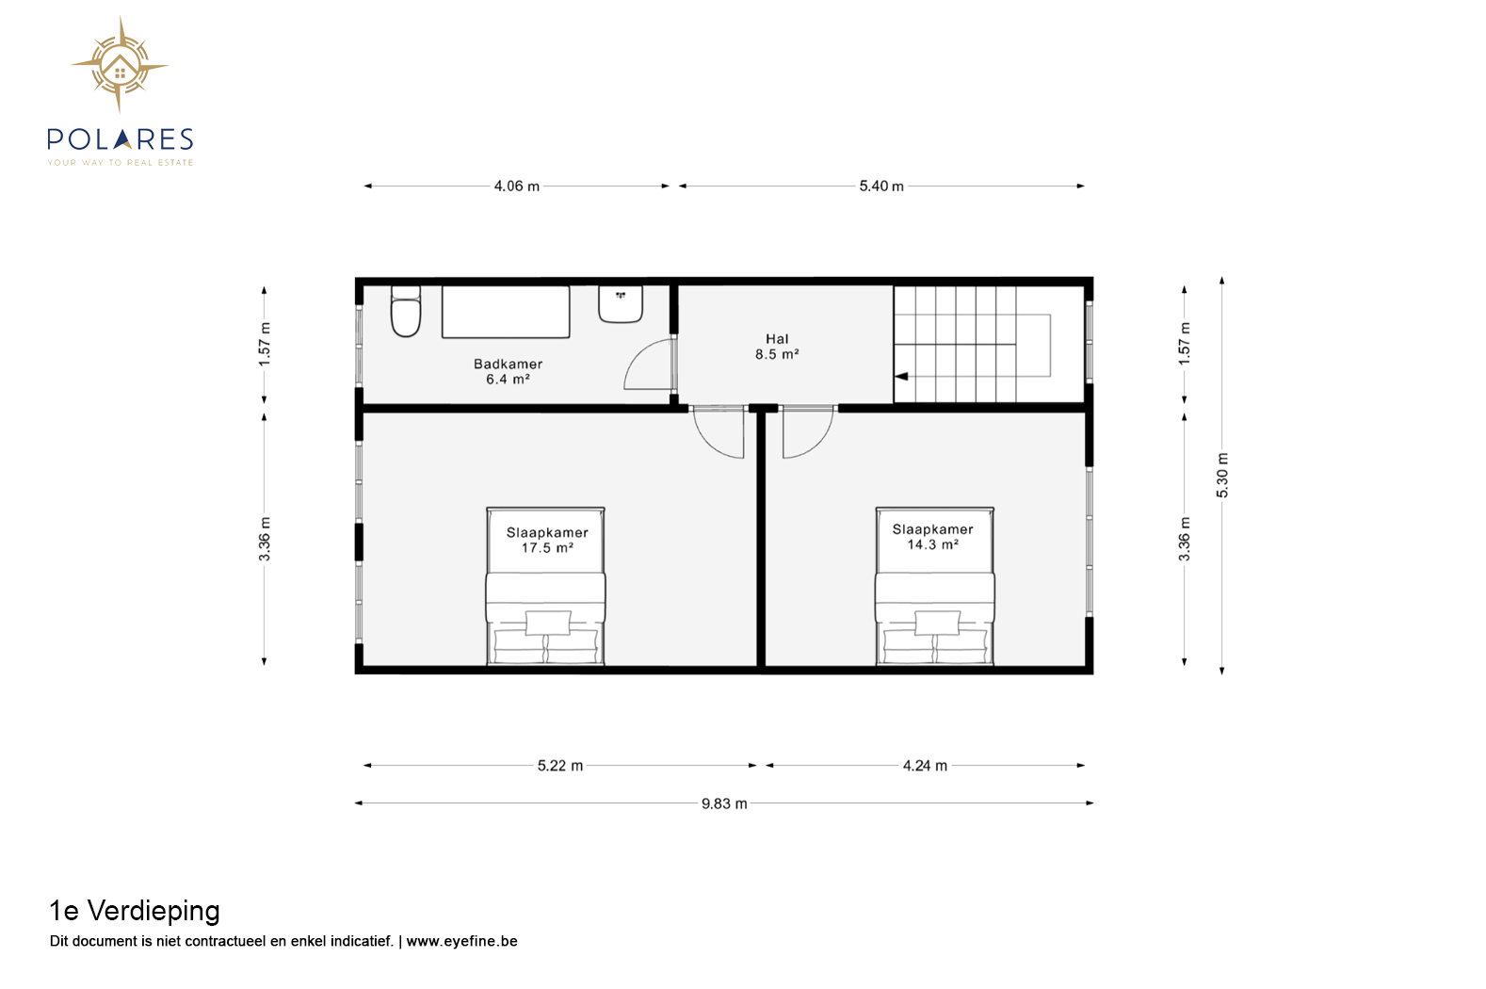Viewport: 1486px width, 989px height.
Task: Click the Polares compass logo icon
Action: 120,65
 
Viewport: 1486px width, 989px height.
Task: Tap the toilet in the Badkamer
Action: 405,311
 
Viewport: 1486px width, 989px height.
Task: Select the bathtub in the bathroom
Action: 506,312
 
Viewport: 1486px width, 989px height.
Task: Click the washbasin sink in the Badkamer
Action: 621,304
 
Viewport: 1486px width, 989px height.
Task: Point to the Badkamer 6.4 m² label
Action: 509,372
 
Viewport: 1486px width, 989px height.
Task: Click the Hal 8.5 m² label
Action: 777,347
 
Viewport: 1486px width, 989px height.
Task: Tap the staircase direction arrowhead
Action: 901,377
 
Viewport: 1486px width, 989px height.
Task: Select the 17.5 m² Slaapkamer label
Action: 547,540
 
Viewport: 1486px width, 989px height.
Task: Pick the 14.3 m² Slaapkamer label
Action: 932,536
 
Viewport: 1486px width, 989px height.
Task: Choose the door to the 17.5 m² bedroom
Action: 719,432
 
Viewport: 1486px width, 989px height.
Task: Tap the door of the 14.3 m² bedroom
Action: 807,432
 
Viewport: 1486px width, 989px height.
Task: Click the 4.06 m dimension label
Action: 517,186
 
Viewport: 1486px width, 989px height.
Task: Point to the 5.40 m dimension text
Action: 881,186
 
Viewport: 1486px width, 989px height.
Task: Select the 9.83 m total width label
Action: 724,803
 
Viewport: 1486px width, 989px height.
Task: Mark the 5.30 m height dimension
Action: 1222,476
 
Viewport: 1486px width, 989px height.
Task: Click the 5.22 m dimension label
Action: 560,766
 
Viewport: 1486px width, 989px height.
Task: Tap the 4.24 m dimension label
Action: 925,766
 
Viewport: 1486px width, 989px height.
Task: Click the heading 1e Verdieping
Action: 135,912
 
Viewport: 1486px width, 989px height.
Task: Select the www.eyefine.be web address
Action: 461,941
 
